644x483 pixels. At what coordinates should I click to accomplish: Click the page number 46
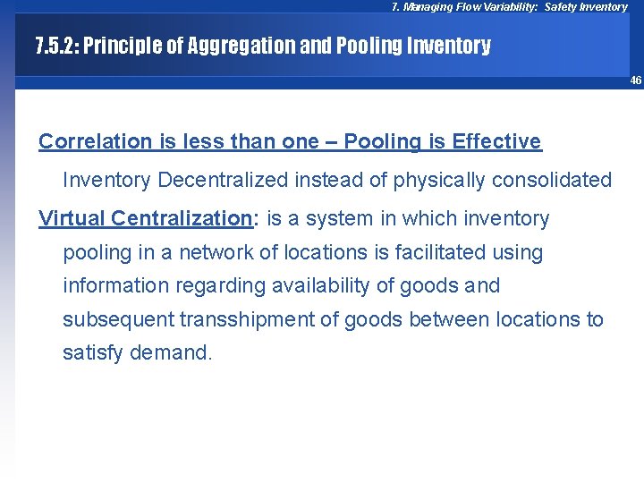click(x=635, y=80)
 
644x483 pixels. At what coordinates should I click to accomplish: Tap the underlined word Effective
click(x=496, y=141)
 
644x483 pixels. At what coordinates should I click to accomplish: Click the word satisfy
click(x=93, y=353)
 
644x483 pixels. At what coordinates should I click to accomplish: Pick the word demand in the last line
click(x=171, y=353)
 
